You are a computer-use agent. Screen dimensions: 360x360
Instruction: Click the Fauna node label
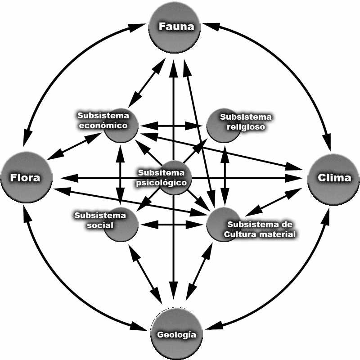[x=176, y=27]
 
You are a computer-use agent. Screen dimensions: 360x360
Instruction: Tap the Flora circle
[x=26, y=178]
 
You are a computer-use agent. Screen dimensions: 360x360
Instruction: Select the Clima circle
[x=334, y=178]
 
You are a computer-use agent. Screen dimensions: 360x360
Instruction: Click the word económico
[x=103, y=126]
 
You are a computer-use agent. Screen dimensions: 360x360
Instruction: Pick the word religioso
[x=245, y=126]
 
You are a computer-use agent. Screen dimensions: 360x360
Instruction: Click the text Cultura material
[x=261, y=234]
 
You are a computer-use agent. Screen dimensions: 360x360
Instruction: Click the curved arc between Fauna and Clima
[x=288, y=67]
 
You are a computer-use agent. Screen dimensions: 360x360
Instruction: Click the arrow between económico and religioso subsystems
[x=172, y=125]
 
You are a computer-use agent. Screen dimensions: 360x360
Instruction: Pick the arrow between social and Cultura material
[x=172, y=223]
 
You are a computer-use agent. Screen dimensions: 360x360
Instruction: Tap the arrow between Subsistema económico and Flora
[x=74, y=146]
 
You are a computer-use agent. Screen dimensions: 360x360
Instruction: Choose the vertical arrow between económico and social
[x=120, y=175]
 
